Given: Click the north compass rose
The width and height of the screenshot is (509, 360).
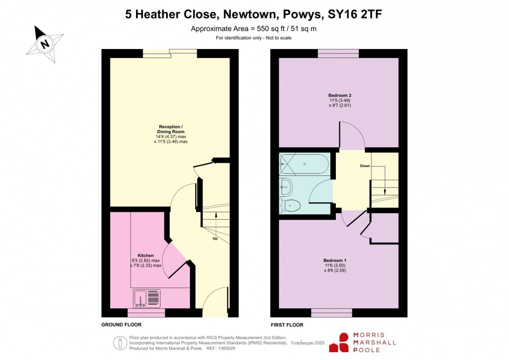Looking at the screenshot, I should (45, 44).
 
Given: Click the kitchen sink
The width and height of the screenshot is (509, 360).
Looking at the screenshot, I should (147, 299).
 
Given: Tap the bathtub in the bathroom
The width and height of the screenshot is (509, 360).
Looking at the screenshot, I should (304, 163).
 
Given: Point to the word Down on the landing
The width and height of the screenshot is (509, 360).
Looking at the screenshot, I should (365, 166).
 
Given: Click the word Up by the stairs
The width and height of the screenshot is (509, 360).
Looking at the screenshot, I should (215, 238).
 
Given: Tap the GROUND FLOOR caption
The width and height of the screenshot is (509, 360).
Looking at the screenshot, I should (121, 325).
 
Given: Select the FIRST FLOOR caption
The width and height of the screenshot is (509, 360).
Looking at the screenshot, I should (287, 325).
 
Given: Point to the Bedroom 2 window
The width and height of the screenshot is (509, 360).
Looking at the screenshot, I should (338, 53).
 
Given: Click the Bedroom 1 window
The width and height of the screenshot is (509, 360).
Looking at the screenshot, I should (331, 313).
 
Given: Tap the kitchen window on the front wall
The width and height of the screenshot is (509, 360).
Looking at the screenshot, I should (146, 313).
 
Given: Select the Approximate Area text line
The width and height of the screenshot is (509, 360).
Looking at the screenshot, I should (254, 29).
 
